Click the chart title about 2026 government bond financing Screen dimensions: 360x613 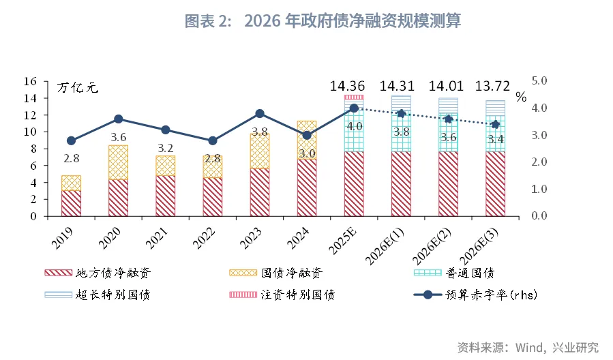323,22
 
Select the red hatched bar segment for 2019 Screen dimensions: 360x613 71,203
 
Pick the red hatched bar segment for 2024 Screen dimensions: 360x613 307,187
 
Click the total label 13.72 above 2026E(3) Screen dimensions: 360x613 495,87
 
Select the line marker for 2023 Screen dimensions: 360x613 260,113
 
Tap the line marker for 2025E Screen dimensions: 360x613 354,108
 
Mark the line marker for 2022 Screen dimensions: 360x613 213,140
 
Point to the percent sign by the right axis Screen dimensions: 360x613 521,97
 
